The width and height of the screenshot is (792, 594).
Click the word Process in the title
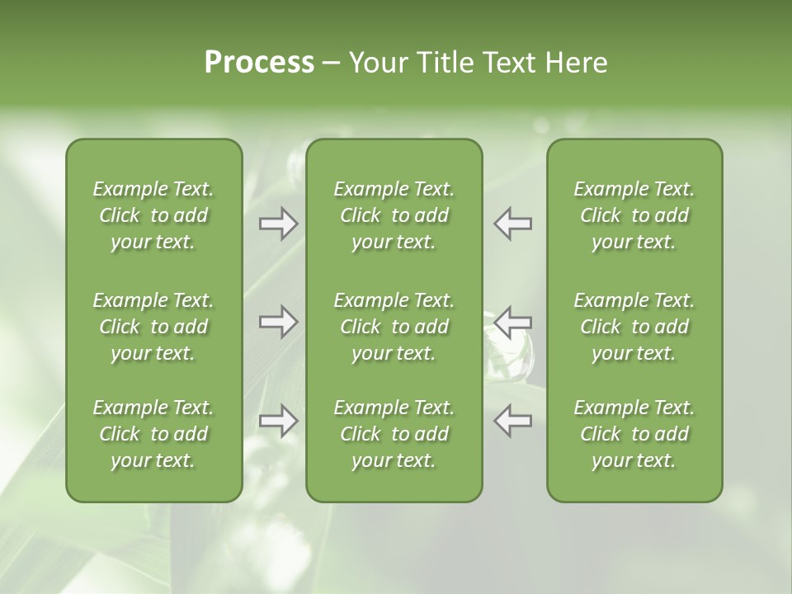(259, 63)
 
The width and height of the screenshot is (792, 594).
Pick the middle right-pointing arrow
(278, 322)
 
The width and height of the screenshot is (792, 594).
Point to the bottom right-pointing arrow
(278, 421)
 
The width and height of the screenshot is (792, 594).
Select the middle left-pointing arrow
(512, 322)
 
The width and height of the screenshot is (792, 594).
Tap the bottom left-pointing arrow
(512, 421)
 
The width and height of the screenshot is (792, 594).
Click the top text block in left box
(153, 215)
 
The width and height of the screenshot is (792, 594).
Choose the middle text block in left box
(153, 327)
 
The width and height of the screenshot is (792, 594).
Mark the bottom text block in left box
(153, 434)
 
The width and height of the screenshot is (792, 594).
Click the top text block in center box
(394, 215)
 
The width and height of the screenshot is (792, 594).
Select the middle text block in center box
(394, 327)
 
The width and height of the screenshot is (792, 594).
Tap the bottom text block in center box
(394, 434)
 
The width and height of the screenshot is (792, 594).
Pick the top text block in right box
(634, 215)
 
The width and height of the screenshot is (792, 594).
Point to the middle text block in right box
(634, 327)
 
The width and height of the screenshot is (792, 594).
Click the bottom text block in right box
(634, 434)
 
